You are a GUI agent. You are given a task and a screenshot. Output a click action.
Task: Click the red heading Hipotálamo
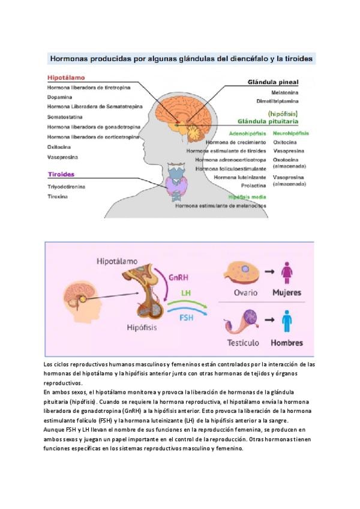[66, 77]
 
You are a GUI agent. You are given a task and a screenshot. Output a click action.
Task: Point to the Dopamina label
[59, 97]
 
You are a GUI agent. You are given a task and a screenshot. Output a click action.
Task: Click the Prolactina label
[253, 185]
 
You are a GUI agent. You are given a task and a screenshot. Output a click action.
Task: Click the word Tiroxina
[58, 196]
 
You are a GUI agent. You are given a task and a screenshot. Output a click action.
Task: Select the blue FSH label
[186, 316]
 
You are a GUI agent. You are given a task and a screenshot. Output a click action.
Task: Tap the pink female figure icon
[287, 272]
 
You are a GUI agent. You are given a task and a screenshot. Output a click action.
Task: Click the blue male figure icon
[287, 321]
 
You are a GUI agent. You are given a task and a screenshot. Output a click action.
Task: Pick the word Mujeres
[286, 294]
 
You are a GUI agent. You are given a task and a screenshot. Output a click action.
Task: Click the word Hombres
[286, 343]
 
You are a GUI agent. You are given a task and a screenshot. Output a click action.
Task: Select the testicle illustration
[243, 322]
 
